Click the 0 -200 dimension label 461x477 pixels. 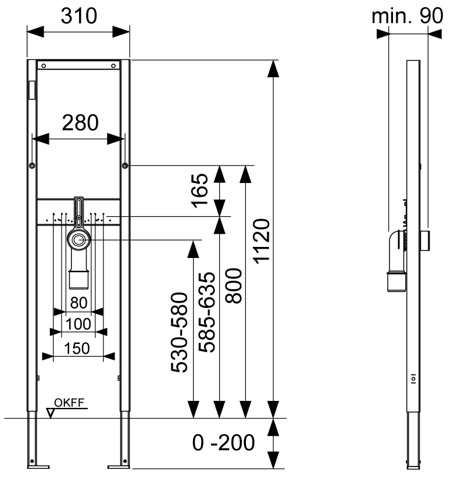coord(224,443)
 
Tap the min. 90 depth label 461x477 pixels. coord(407,16)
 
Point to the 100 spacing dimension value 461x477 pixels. coord(78,323)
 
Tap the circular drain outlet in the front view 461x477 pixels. coord(78,239)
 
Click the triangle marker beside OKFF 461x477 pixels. coord(51,413)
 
